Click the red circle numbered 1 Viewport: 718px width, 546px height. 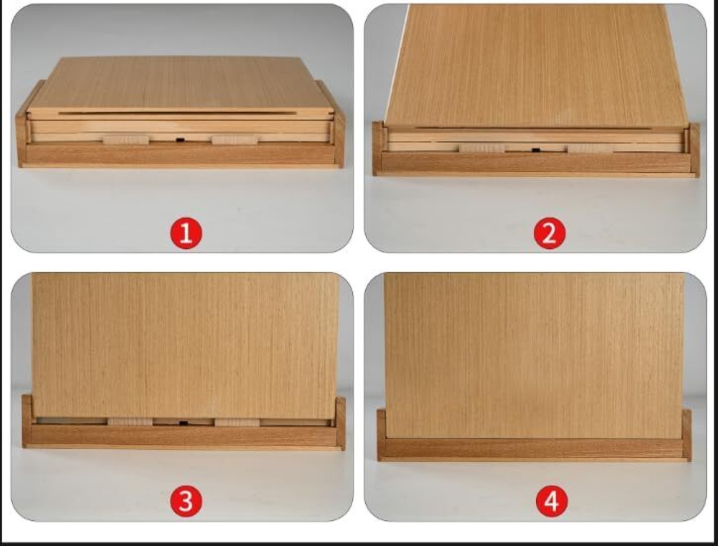pos(186,233)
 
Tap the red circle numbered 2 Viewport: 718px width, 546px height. pos(550,233)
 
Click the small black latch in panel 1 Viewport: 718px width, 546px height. pos(179,140)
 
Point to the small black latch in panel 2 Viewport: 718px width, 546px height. pos(536,150)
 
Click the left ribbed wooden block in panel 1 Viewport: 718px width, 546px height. pos(126,140)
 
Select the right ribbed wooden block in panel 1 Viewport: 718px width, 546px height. pos(234,140)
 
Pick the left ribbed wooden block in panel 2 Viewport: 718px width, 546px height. pos(482,149)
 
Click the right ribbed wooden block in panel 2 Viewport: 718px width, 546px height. pos(591,148)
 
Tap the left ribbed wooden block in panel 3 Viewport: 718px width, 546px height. pos(130,422)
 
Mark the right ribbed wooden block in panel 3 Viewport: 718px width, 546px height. pos(237,423)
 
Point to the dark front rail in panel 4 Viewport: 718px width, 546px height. pos(534,448)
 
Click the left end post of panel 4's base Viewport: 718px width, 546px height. pos(381,434)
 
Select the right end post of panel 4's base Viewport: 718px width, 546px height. pos(687,435)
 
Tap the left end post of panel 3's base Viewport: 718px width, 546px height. pos(27,421)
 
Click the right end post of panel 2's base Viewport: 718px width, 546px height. pos(695,150)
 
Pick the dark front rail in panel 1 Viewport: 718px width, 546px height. pos(180,154)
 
